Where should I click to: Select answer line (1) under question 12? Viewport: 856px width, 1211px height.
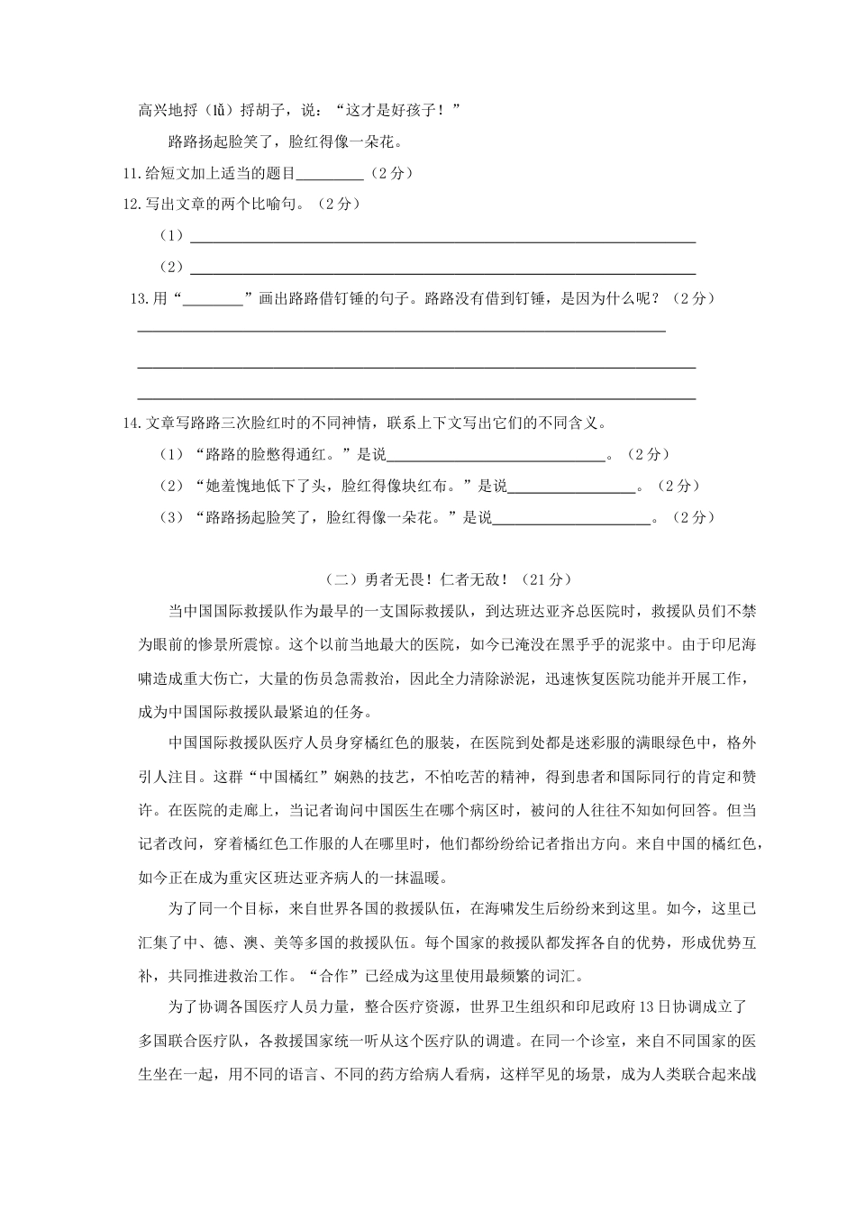pos(442,240)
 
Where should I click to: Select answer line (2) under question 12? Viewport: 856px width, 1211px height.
pos(442,271)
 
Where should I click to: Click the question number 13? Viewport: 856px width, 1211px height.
pos(141,299)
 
